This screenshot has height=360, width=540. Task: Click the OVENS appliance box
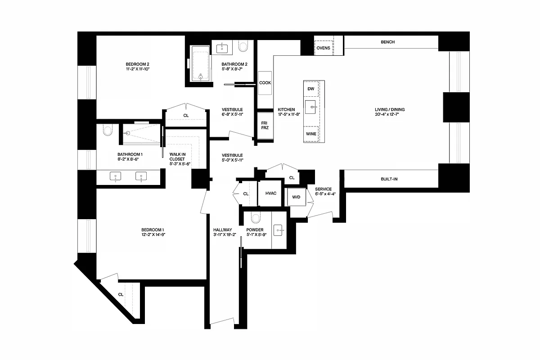click(x=323, y=47)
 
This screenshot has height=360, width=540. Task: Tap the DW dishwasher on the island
click(x=311, y=89)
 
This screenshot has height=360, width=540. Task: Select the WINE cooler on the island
click(x=311, y=134)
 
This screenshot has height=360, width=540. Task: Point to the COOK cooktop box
click(x=265, y=83)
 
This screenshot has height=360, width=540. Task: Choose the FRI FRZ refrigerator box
click(x=265, y=124)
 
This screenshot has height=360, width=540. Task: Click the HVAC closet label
click(x=271, y=193)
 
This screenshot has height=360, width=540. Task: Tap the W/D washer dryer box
click(x=296, y=197)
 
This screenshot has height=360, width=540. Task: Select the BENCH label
click(x=387, y=42)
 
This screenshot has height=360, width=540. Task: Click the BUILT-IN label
click(x=389, y=179)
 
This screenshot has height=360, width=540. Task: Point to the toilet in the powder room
click(x=256, y=218)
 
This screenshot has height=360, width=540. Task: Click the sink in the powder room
click(x=279, y=230)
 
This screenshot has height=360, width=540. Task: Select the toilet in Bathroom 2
click(x=243, y=46)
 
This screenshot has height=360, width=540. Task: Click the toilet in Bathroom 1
click(x=107, y=130)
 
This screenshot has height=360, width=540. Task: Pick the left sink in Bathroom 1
click(x=116, y=176)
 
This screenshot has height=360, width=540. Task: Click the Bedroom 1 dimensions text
click(x=153, y=234)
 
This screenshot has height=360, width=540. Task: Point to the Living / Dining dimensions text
click(x=387, y=115)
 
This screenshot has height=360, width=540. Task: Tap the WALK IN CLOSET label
click(x=177, y=159)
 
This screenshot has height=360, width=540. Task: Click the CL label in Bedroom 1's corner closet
click(x=121, y=294)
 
